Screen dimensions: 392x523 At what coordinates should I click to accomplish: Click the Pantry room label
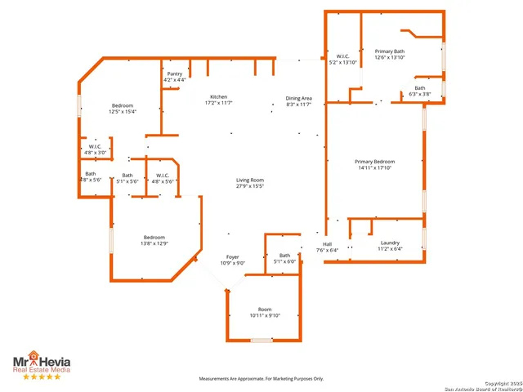[x=174, y=77]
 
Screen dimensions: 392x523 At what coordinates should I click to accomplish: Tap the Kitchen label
[x=218, y=100]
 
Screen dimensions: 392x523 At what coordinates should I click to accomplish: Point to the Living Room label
[x=251, y=183]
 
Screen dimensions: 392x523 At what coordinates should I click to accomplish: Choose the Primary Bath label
[x=390, y=54]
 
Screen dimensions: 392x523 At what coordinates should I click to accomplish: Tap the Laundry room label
[x=390, y=245]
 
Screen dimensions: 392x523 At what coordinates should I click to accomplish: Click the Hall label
[x=327, y=247]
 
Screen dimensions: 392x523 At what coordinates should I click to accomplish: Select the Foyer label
[x=232, y=260]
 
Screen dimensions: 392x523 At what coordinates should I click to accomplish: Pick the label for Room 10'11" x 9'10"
[x=264, y=312]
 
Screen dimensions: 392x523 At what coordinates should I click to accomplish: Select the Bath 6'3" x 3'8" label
[x=419, y=91]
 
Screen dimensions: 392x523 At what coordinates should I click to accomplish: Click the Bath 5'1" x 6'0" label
[x=284, y=258]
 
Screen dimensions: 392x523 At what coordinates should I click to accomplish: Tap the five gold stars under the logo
[x=41, y=377]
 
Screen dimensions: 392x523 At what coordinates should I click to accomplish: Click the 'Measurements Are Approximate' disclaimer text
[x=261, y=379]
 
